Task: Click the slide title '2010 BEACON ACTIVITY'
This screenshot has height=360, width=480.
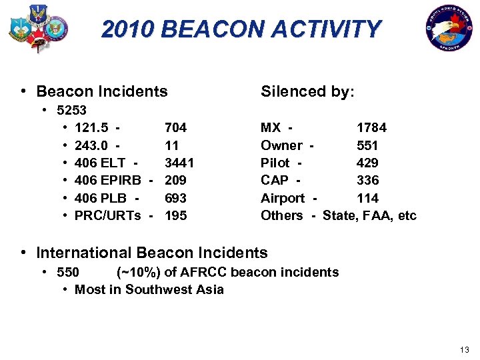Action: click(x=241, y=29)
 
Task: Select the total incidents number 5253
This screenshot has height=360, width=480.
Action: click(x=72, y=109)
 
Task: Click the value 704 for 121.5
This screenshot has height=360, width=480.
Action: click(x=175, y=127)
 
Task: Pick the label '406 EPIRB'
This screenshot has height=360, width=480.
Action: click(x=107, y=180)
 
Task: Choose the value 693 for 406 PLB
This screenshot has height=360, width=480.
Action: click(x=175, y=198)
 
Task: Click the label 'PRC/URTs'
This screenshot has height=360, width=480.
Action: click(x=107, y=215)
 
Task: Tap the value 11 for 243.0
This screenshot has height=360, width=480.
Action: click(x=171, y=145)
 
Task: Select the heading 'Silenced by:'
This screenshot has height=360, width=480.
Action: click(x=307, y=91)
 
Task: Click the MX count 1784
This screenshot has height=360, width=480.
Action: click(x=371, y=127)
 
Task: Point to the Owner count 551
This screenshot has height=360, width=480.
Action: click(x=367, y=145)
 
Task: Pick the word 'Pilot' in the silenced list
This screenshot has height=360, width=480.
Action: click(x=275, y=163)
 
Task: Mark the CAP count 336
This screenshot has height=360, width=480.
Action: click(x=367, y=180)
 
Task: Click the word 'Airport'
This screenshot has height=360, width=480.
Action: click(x=283, y=198)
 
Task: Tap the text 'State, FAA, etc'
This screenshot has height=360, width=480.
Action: click(x=369, y=215)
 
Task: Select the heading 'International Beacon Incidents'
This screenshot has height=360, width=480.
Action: click(x=151, y=253)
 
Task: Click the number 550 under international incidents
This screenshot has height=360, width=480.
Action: click(x=69, y=272)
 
